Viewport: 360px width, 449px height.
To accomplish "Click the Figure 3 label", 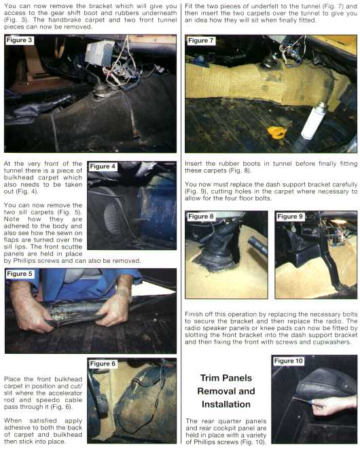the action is (19, 40).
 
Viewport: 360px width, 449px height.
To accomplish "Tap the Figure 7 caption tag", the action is (200, 41).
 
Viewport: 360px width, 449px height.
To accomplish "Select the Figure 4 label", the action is (103, 166).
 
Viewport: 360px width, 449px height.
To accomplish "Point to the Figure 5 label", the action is (19, 274).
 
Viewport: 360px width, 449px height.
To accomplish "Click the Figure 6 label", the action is (103, 363).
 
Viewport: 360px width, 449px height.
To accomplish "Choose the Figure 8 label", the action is (200, 217).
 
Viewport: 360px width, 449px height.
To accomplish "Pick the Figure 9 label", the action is (290, 217).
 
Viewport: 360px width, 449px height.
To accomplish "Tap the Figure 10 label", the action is (289, 361).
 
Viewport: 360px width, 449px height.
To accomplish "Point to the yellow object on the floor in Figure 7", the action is (277, 132).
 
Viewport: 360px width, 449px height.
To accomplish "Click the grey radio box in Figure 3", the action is (100, 52).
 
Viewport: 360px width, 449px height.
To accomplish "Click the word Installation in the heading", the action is (226, 404).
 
